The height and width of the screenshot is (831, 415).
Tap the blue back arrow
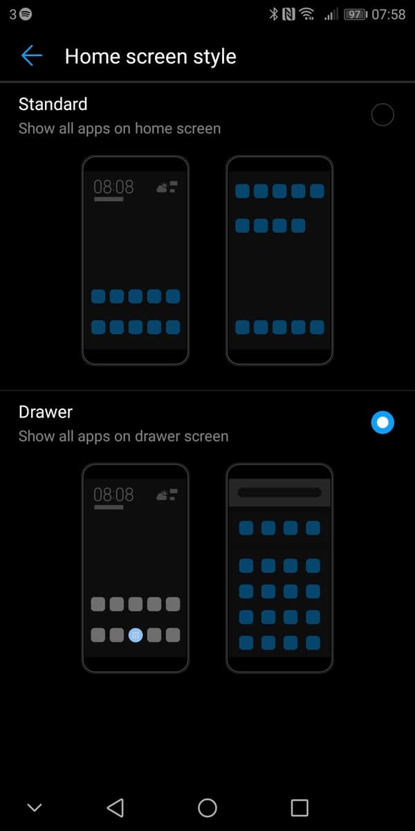pos(32,55)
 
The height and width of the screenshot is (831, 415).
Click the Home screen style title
pos(151,57)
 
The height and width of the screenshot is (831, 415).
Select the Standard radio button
pos(382,115)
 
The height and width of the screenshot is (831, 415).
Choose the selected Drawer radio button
pos(382,422)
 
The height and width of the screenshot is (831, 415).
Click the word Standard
pos(53,105)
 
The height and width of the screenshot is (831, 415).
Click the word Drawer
pos(46,412)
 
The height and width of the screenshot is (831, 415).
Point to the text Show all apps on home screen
pos(120,129)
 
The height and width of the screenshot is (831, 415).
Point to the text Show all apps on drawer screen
pos(123,437)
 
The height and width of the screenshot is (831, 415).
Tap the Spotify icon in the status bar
pos(26,15)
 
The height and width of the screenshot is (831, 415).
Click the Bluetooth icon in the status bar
pos(273,14)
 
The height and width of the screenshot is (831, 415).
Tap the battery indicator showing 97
pos(356,15)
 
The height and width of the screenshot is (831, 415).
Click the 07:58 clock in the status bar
pos(388,15)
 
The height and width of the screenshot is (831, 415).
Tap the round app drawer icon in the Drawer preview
pos(136,635)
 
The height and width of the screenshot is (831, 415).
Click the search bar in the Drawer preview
pos(279,492)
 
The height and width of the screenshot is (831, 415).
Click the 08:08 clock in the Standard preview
pos(113,186)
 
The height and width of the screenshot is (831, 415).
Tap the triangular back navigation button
pos(116,807)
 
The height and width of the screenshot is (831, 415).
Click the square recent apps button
pos(299,807)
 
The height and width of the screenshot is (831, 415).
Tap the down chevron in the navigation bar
pos(35,807)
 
